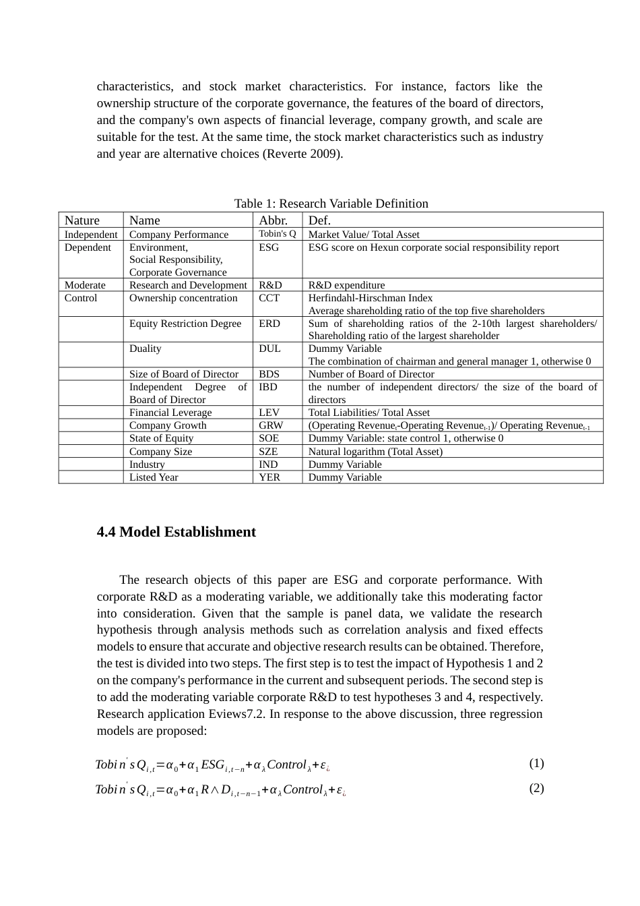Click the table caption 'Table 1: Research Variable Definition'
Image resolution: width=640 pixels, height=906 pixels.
(331, 204)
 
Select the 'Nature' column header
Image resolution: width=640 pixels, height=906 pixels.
(82, 220)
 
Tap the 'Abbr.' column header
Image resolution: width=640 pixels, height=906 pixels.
(273, 220)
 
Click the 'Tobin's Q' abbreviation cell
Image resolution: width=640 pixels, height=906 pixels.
(278, 234)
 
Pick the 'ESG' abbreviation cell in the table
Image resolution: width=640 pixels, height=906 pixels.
(269, 247)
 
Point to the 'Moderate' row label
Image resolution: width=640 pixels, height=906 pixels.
(85, 285)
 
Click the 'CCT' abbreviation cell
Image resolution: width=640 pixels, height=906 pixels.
(269, 298)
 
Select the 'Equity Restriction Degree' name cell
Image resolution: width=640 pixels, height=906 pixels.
(185, 324)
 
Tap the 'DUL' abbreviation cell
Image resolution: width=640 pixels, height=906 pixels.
(269, 349)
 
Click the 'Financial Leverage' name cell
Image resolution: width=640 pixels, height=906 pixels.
(170, 413)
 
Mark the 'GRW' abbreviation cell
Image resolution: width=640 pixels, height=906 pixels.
(271, 425)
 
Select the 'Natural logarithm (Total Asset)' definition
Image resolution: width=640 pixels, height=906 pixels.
(375, 452)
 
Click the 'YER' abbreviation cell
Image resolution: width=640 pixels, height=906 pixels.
(269, 477)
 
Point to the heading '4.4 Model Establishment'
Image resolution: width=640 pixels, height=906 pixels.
(177, 532)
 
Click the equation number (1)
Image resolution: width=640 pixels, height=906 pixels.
(536, 763)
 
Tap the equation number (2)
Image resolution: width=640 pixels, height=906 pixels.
(536, 788)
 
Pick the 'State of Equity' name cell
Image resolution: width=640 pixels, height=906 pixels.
(161, 438)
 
